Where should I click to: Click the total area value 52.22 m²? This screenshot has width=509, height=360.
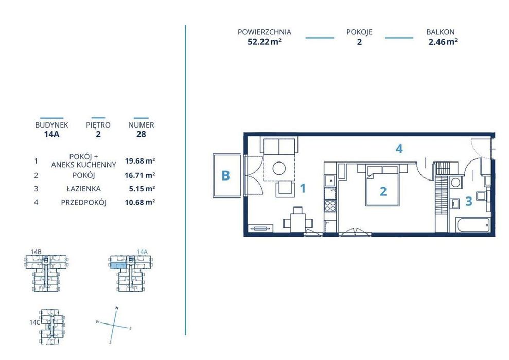pyautogui.click(x=264, y=42)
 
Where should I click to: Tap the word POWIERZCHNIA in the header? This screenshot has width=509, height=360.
pyautogui.click(x=264, y=32)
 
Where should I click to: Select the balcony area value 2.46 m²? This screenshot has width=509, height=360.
pyautogui.click(x=443, y=42)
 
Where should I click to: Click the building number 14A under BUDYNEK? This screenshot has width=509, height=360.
pyautogui.click(x=51, y=134)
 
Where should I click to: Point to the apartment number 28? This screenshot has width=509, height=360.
pyautogui.click(x=141, y=134)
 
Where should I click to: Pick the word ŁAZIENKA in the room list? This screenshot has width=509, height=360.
pyautogui.click(x=84, y=188)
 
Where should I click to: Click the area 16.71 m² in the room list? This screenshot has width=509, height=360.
pyautogui.click(x=139, y=175)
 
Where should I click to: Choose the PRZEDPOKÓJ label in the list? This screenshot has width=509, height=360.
pyautogui.click(x=84, y=203)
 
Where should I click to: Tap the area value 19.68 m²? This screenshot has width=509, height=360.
pyautogui.click(x=139, y=161)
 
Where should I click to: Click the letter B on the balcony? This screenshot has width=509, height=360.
pyautogui.click(x=225, y=175)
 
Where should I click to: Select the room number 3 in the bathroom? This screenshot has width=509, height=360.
pyautogui.click(x=468, y=201)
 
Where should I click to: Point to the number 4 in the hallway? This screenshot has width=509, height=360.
pyautogui.click(x=399, y=149)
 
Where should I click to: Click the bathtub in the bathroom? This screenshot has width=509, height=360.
pyautogui.click(x=473, y=225)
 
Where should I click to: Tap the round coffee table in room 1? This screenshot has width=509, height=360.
pyautogui.click(x=279, y=168)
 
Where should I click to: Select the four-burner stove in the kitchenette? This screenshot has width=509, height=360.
pyautogui.click(x=330, y=206)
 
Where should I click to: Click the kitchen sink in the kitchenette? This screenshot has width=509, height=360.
pyautogui.click(x=330, y=181)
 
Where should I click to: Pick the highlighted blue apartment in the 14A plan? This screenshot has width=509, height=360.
pyautogui.click(x=118, y=266)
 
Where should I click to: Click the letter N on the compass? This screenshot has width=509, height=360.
pyautogui.click(x=117, y=308)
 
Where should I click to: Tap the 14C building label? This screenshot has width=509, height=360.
pyautogui.click(x=34, y=322)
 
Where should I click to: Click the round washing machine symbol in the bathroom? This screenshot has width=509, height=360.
pyautogui.click(x=455, y=182)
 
